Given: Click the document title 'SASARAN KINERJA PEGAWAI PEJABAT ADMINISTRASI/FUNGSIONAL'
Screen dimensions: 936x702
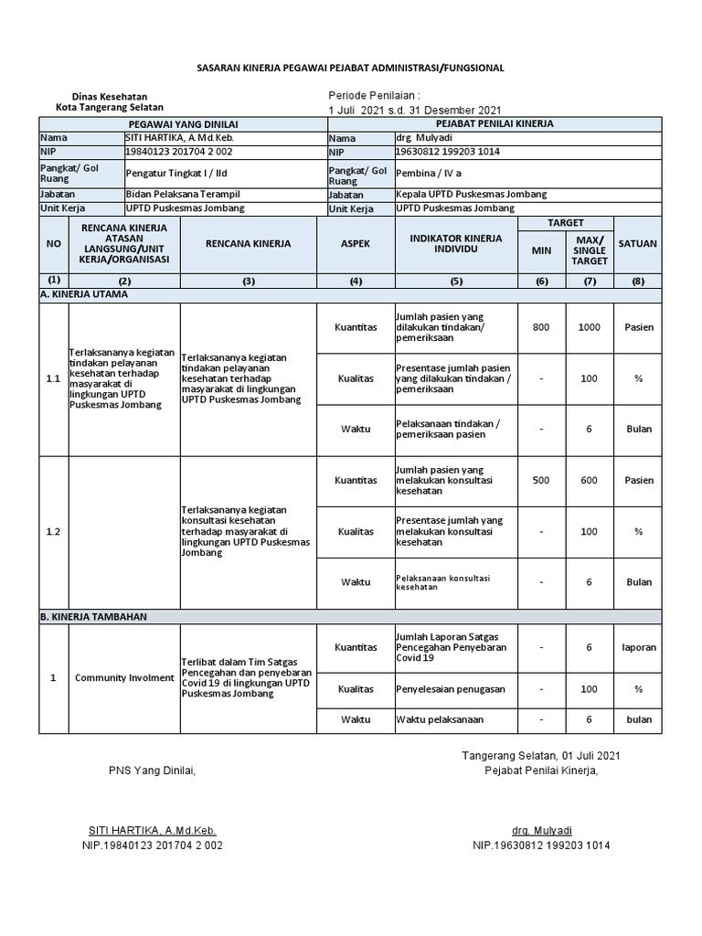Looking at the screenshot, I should tap(351, 68).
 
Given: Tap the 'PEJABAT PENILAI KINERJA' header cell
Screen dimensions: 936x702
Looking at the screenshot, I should tap(494, 123).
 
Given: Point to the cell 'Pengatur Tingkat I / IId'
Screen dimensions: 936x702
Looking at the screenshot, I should tap(179, 172).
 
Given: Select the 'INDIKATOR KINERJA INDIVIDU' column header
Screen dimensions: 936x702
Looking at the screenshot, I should tap(456, 244).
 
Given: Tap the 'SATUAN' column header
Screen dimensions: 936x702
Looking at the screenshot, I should tap(637, 244).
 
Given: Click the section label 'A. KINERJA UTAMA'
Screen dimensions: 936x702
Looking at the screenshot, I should tap(85, 294).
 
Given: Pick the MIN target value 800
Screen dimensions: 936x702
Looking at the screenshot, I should tap(541, 326).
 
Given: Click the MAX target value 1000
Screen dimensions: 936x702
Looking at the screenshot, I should tap(590, 326).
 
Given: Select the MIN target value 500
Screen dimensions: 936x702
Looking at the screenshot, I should tap(541, 480).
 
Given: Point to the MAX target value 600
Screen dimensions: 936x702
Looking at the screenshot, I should tap(590, 480).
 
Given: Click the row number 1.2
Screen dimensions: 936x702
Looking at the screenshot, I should tap(53, 531).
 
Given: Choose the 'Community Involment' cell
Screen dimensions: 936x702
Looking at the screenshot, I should tap(124, 677).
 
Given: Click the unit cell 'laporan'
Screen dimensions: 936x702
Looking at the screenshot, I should tap(639, 647).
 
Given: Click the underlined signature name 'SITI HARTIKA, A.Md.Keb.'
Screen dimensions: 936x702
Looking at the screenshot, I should tap(152, 830).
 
